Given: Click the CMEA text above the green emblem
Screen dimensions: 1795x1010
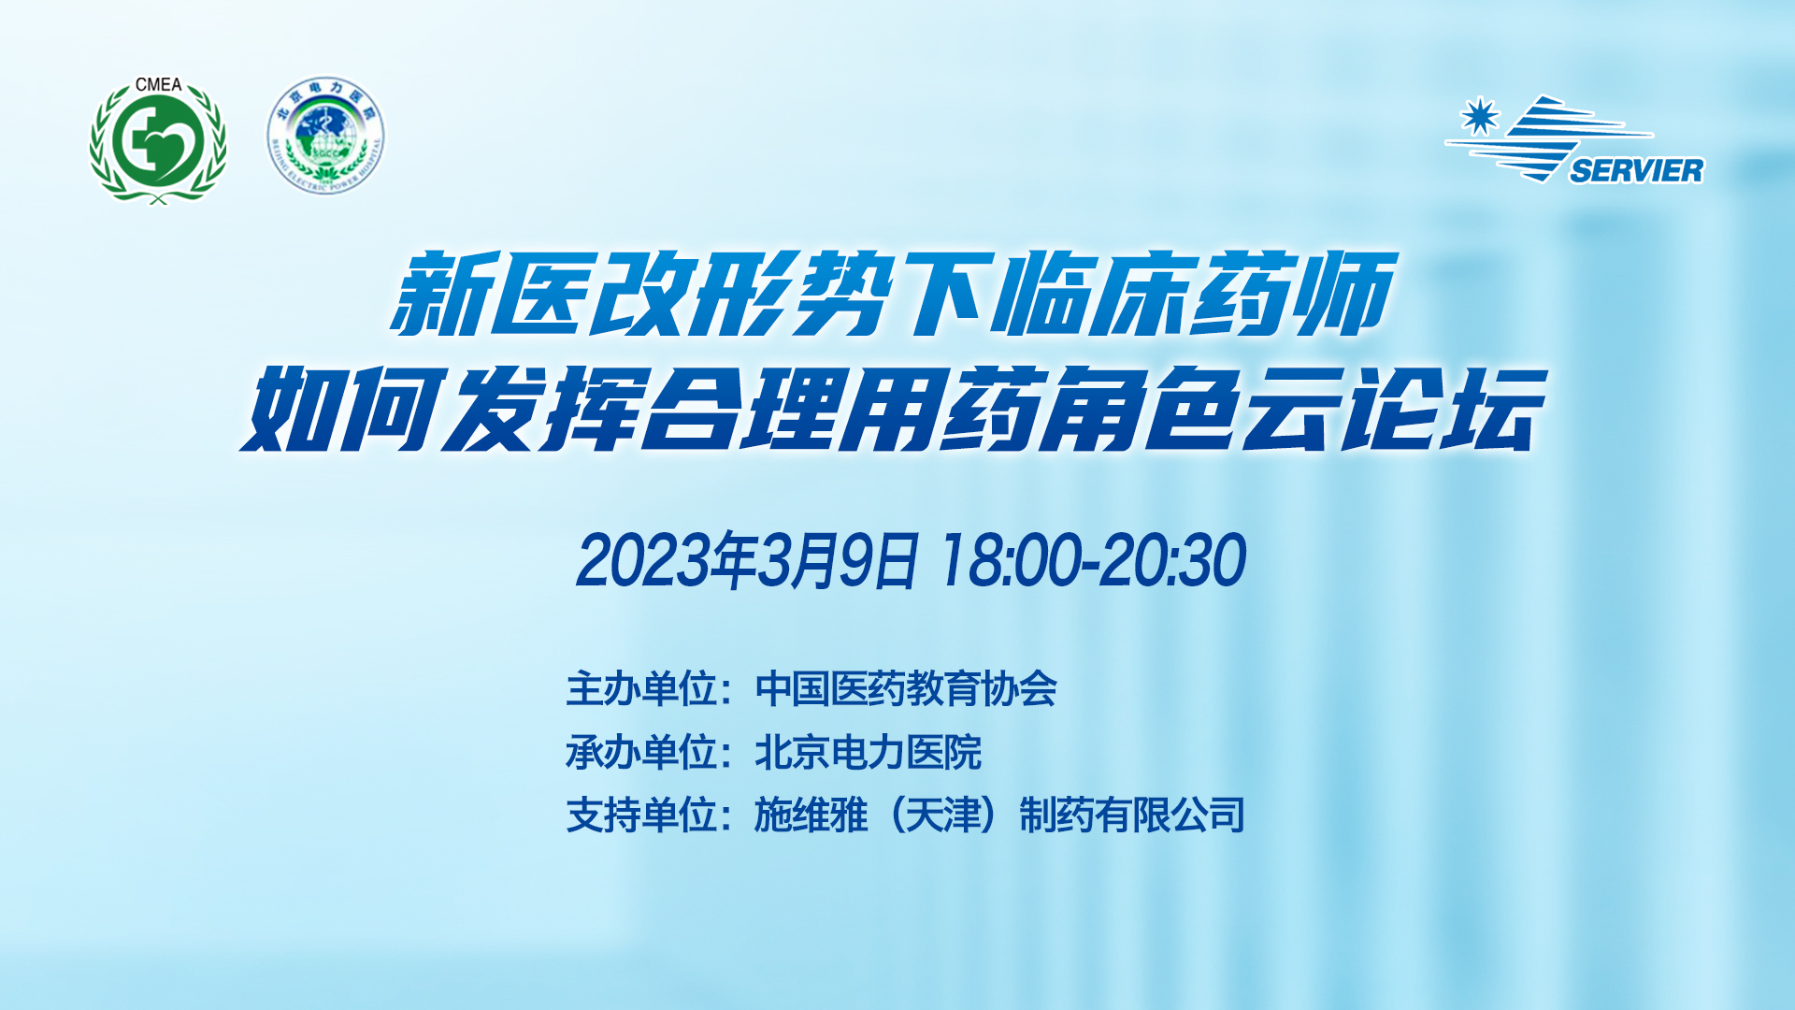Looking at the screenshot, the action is (x=158, y=84).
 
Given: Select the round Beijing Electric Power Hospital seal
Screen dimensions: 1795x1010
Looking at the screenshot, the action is (x=325, y=136).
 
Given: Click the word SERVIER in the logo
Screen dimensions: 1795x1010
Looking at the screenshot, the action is (x=1636, y=171).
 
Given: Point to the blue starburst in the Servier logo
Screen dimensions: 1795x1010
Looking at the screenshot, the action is (x=1480, y=116).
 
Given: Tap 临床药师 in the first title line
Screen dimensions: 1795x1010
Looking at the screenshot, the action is (x=1192, y=294).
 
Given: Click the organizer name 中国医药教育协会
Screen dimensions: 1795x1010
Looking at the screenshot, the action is (x=906, y=689).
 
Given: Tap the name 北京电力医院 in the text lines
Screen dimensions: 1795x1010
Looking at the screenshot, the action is (x=869, y=753).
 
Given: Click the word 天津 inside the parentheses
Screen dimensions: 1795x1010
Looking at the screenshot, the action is (x=943, y=815).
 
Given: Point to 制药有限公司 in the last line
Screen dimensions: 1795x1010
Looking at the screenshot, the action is (x=1132, y=815).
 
